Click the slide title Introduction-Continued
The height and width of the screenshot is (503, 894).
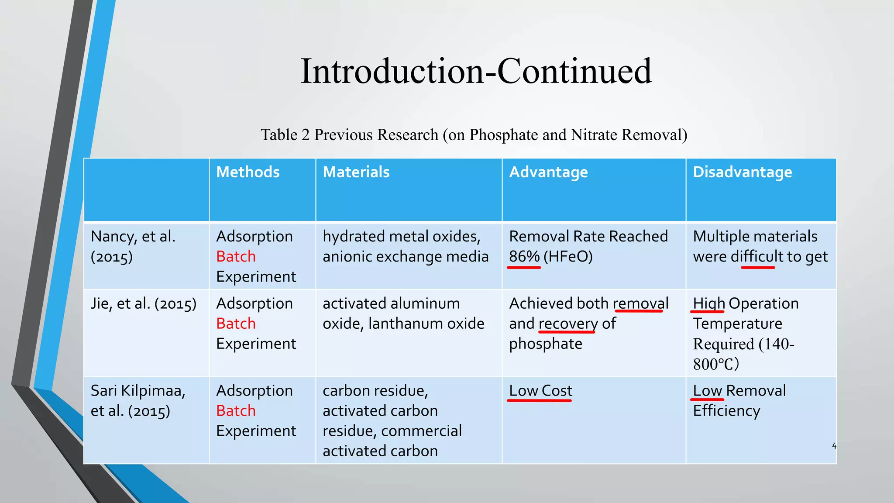coord(476,71)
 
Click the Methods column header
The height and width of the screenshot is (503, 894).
coord(248,172)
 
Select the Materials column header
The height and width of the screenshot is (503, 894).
coord(356,172)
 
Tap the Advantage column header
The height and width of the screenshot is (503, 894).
coord(548,172)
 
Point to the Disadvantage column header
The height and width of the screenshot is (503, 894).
coord(742,172)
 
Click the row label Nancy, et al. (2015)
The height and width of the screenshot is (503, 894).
coord(133,246)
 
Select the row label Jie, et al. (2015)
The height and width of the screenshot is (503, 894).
coord(144,303)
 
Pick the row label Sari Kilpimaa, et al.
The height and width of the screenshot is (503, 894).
coord(138,400)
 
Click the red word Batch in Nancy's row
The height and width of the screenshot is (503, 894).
coord(236,256)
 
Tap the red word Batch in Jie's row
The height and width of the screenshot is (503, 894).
coord(236,324)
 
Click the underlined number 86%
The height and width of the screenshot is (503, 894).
coord(524,256)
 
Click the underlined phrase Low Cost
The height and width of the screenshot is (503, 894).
coord(540,390)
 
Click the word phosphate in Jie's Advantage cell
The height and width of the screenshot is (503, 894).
coord(546,344)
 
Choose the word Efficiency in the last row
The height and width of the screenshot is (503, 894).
coord(726,410)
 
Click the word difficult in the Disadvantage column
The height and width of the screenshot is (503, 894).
coord(757,256)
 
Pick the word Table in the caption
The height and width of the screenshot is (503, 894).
coord(279,135)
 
